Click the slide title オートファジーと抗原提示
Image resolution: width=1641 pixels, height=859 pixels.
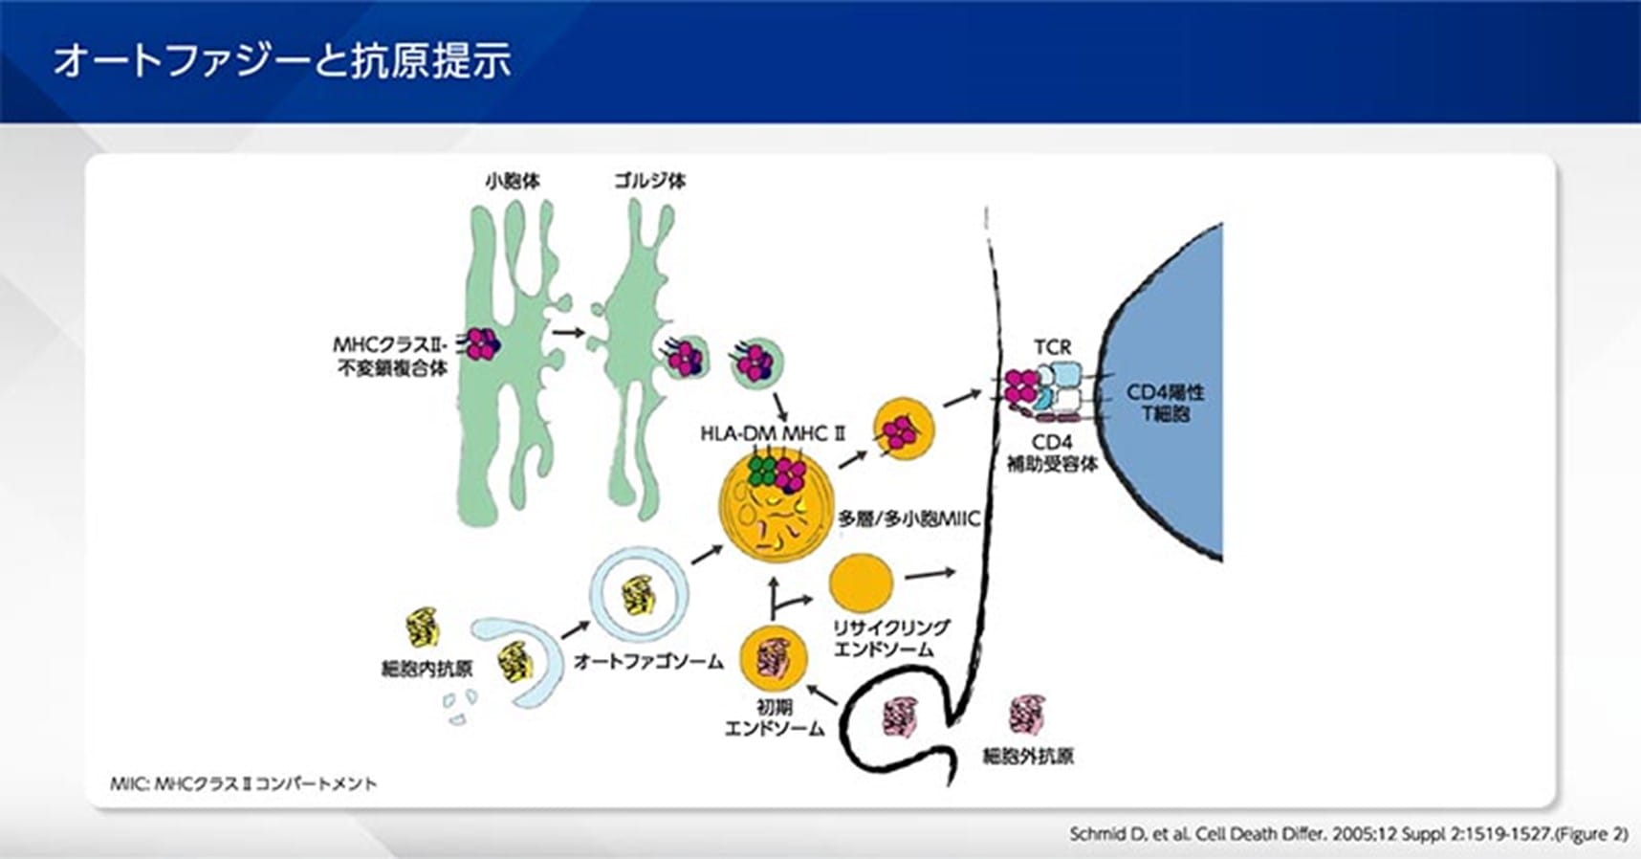[x=281, y=59]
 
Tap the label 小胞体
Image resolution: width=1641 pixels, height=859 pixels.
[x=513, y=180]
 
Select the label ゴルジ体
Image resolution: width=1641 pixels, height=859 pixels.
[x=649, y=180]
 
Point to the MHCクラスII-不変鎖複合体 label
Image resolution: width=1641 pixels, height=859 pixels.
[x=391, y=356]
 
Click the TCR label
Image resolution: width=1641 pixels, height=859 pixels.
[x=1052, y=346]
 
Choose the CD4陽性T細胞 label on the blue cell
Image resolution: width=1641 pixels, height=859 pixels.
[x=1165, y=403]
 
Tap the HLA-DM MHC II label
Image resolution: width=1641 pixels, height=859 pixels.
[x=773, y=433]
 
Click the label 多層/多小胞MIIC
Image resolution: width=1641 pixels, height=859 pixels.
[x=908, y=519]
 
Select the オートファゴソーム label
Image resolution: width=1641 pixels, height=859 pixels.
[x=648, y=661]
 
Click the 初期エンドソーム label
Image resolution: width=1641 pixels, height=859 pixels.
[x=774, y=717]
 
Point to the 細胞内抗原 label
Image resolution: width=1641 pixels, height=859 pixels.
[x=427, y=669]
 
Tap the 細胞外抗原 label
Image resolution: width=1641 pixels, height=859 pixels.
[x=1028, y=756]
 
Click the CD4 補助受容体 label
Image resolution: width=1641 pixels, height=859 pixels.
[x=1052, y=453]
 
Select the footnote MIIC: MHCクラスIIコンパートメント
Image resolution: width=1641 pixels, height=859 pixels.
[x=243, y=784]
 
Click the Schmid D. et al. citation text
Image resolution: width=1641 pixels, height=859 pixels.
[x=1347, y=834]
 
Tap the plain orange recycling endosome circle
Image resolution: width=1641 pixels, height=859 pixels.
[x=861, y=582]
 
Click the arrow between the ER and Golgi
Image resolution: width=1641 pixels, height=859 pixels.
[x=568, y=332]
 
